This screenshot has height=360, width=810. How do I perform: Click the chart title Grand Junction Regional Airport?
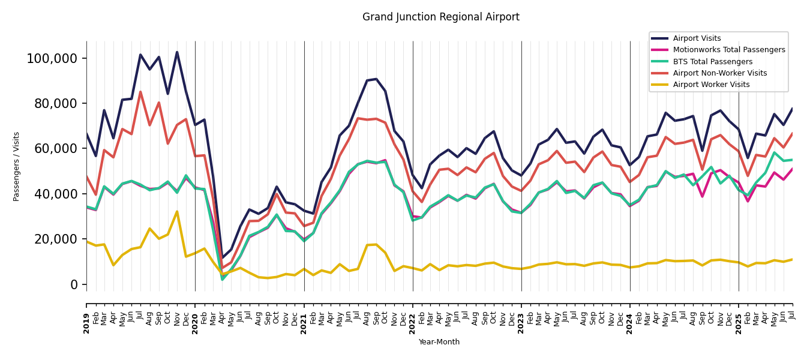pyautogui.click(x=440, y=17)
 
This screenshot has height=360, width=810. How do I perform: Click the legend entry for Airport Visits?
pyautogui.click(x=697, y=38)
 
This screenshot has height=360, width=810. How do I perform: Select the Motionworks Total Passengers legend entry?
pyautogui.click(x=728, y=50)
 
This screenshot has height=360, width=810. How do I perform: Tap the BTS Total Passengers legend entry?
pyautogui.click(x=712, y=62)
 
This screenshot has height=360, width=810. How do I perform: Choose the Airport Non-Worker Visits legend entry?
pyautogui.click(x=719, y=73)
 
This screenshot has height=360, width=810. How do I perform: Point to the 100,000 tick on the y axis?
pyautogui.click(x=52, y=59)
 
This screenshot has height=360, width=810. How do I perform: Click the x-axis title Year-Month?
pyautogui.click(x=439, y=342)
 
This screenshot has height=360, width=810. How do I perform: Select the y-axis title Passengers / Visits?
pyautogui.click(x=17, y=166)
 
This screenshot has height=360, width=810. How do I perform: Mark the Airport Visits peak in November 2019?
pyautogui.click(x=177, y=52)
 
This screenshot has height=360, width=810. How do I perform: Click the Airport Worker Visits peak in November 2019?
pyautogui.click(x=177, y=211)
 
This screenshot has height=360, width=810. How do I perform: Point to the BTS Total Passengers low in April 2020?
pyautogui.click(x=222, y=280)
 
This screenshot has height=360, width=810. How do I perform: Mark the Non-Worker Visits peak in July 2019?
pyautogui.click(x=140, y=92)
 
